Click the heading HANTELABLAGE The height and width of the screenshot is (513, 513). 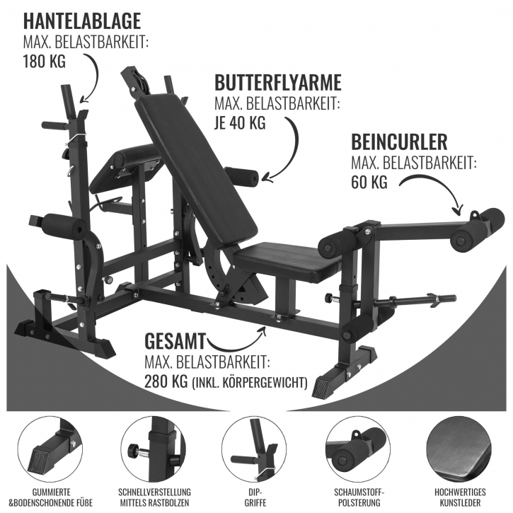pos(82,21)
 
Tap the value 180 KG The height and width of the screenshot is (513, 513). pos(44,61)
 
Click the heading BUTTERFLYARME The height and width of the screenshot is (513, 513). pos(278,83)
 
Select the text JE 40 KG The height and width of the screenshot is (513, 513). pos(240,123)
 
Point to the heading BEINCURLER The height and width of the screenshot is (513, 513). pos(399,142)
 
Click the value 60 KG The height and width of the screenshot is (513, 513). pos(369,182)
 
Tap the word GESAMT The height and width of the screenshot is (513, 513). pos(175,341)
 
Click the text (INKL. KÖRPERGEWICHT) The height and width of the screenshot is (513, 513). pos(249,383)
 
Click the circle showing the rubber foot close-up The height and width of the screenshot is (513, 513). pos(50,448)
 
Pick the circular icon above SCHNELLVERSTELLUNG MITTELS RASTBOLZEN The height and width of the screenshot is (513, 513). pos(154,448)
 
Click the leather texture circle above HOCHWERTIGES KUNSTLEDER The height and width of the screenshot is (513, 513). pos(461,448)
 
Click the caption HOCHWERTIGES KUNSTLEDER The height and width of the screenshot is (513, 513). pos(461,497)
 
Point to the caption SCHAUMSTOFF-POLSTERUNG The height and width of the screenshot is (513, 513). pos(359,497)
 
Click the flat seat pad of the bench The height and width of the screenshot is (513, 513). pos(288,262)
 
